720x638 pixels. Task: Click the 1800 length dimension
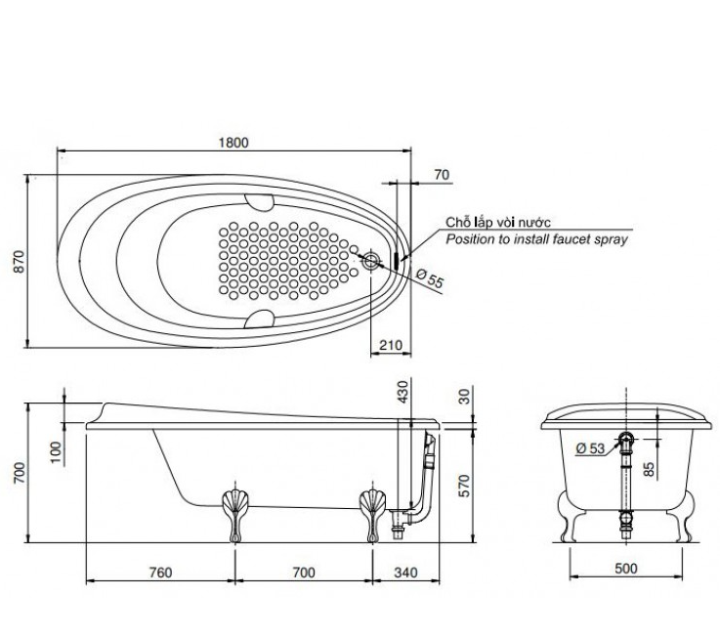point(233,142)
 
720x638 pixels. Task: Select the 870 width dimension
point(17,262)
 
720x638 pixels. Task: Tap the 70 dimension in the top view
point(441,175)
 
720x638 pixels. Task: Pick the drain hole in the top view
point(371,261)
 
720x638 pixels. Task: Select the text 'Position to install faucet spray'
point(536,239)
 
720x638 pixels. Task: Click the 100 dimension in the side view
point(57,450)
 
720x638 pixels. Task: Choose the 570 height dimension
point(465,486)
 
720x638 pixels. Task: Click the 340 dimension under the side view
point(406,571)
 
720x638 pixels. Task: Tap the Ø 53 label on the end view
point(591,447)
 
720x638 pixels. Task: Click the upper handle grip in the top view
point(259,202)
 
